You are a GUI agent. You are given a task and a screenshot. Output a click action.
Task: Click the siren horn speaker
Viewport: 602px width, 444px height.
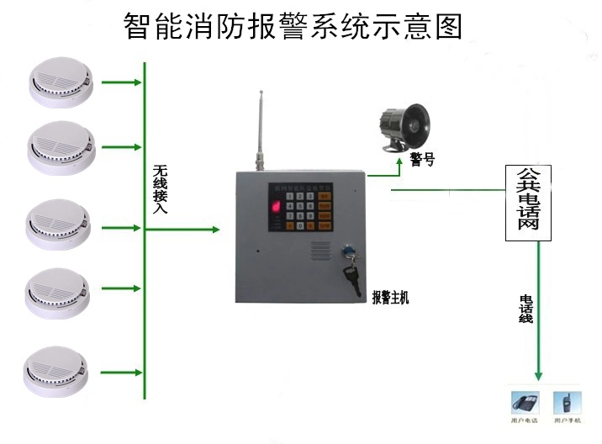point(406,127)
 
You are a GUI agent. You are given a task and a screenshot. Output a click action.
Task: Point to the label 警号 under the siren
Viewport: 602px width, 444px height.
point(422,159)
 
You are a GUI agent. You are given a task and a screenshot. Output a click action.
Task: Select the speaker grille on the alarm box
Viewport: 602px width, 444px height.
point(322,251)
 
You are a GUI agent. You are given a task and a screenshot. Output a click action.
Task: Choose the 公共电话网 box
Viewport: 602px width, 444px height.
point(528,203)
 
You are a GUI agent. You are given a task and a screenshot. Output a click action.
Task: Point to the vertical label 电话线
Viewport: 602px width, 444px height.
point(525,309)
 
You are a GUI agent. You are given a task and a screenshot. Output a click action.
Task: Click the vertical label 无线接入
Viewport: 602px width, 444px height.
point(160,189)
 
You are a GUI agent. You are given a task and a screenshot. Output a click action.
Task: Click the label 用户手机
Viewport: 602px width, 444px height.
point(564,419)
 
